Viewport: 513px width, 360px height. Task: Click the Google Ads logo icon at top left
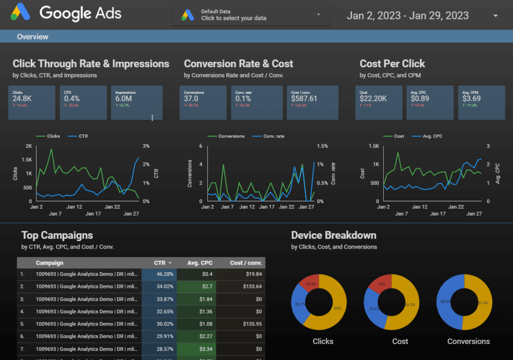click(x=21, y=12)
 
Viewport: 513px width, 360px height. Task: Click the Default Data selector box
click(x=250, y=15)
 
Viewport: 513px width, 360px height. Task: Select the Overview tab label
click(x=33, y=37)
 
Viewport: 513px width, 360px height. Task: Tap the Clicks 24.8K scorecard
click(x=31, y=102)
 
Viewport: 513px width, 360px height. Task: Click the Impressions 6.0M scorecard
click(x=136, y=102)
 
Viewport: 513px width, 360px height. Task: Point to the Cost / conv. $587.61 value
click(x=304, y=98)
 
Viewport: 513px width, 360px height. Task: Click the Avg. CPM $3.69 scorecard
click(x=481, y=102)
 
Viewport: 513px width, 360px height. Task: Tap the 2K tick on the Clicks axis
click(x=29, y=146)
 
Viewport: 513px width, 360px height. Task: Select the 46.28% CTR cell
click(x=159, y=274)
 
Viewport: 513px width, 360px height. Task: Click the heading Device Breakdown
click(x=333, y=235)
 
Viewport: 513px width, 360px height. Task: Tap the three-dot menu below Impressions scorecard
click(x=152, y=117)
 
